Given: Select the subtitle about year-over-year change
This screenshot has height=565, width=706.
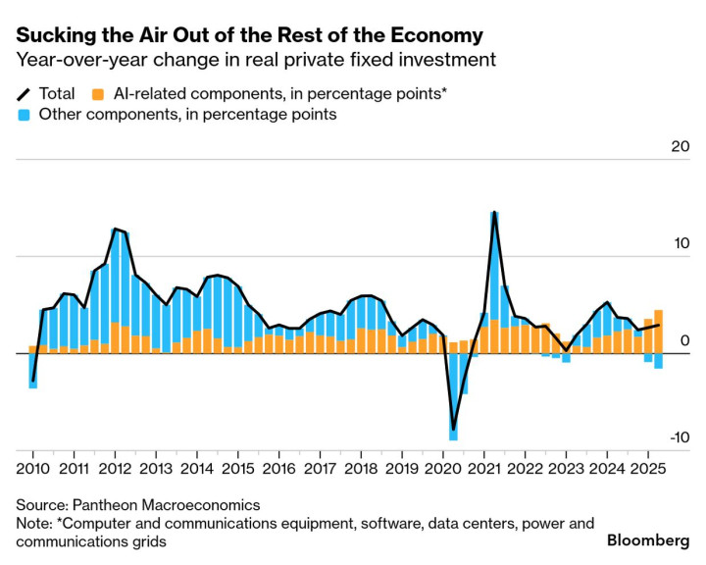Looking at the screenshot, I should tap(255, 61).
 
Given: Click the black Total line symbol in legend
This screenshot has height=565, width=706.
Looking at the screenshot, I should tap(24, 95).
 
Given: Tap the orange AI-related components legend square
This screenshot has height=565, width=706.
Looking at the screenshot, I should tap(98, 95).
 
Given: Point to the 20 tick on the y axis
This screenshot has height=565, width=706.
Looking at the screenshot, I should tap(680, 147).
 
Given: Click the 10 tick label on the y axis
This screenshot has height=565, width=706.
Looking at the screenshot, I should tap(680, 244).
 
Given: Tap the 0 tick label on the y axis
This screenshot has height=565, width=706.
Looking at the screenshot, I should tap(684, 341).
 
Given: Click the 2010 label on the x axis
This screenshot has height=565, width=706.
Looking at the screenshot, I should tap(32, 467).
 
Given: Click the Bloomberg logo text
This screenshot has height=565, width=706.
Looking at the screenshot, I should tap(648, 540).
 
